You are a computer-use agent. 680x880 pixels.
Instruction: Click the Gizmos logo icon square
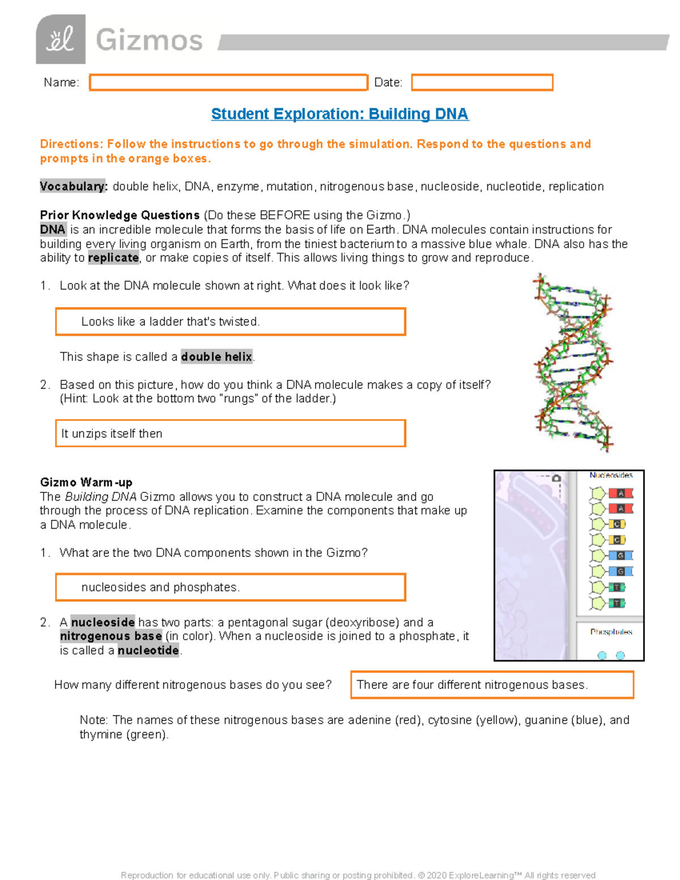pyautogui.click(x=61, y=39)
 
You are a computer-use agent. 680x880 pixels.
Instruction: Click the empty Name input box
pyautogui.click(x=228, y=83)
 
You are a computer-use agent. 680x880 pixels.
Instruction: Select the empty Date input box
pyautogui.click(x=482, y=83)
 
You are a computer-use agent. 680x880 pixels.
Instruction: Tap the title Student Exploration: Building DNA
pyautogui.click(x=339, y=114)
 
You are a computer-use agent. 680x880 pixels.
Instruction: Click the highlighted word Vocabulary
pyautogui.click(x=73, y=186)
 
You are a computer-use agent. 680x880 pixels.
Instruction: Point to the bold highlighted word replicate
pyautogui.click(x=113, y=258)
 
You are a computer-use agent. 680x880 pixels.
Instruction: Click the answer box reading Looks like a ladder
pyautogui.click(x=230, y=322)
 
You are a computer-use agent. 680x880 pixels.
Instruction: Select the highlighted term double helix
pyautogui.click(x=216, y=357)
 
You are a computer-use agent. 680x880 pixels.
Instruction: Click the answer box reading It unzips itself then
pyautogui.click(x=230, y=433)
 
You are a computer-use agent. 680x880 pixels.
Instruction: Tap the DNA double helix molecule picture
pyautogui.click(x=573, y=363)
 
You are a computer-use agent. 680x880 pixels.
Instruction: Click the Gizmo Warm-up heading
pyautogui.click(x=86, y=482)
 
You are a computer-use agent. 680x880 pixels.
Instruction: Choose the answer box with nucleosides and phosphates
pyautogui.click(x=230, y=587)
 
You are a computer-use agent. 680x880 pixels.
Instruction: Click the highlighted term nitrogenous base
pyautogui.click(x=111, y=636)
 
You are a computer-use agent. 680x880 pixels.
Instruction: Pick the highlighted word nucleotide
pyautogui.click(x=148, y=651)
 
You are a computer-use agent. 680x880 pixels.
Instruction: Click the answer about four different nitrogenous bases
pyautogui.click(x=491, y=685)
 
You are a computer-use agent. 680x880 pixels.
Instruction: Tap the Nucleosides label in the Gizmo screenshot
pyautogui.click(x=610, y=475)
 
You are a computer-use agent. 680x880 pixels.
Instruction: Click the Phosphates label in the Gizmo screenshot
pyautogui.click(x=611, y=632)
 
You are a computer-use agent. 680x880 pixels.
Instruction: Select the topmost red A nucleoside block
pyautogui.click(x=620, y=494)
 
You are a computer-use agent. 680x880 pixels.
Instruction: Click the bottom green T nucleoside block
pyautogui.click(x=617, y=603)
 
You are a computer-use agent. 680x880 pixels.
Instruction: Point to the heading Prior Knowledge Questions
pyautogui.click(x=120, y=215)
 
